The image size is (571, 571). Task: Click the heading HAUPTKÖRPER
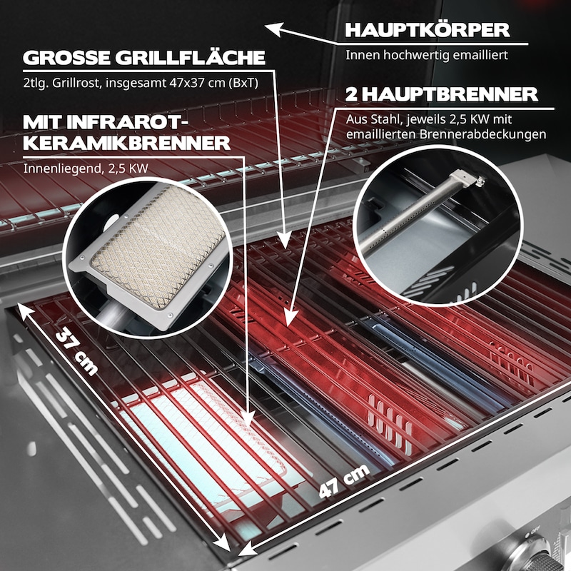point(427,30)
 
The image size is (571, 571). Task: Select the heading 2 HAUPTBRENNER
point(441,95)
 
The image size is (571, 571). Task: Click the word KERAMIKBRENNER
point(126,143)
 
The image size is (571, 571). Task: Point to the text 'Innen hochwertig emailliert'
point(426,55)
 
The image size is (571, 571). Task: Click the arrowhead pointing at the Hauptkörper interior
point(275,29)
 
